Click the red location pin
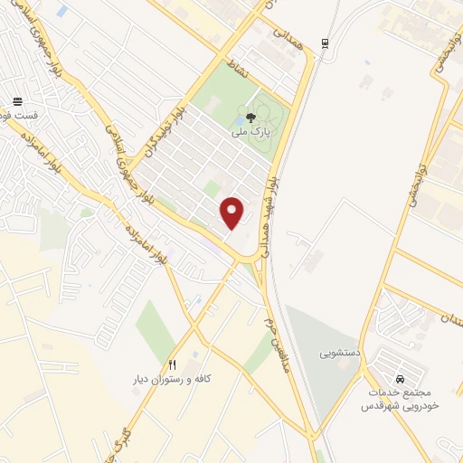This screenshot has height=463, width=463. [x=232, y=212]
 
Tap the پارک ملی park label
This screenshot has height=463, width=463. [x=250, y=133]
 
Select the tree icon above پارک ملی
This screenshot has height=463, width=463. [x=251, y=115]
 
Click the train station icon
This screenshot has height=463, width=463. [x=325, y=43]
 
